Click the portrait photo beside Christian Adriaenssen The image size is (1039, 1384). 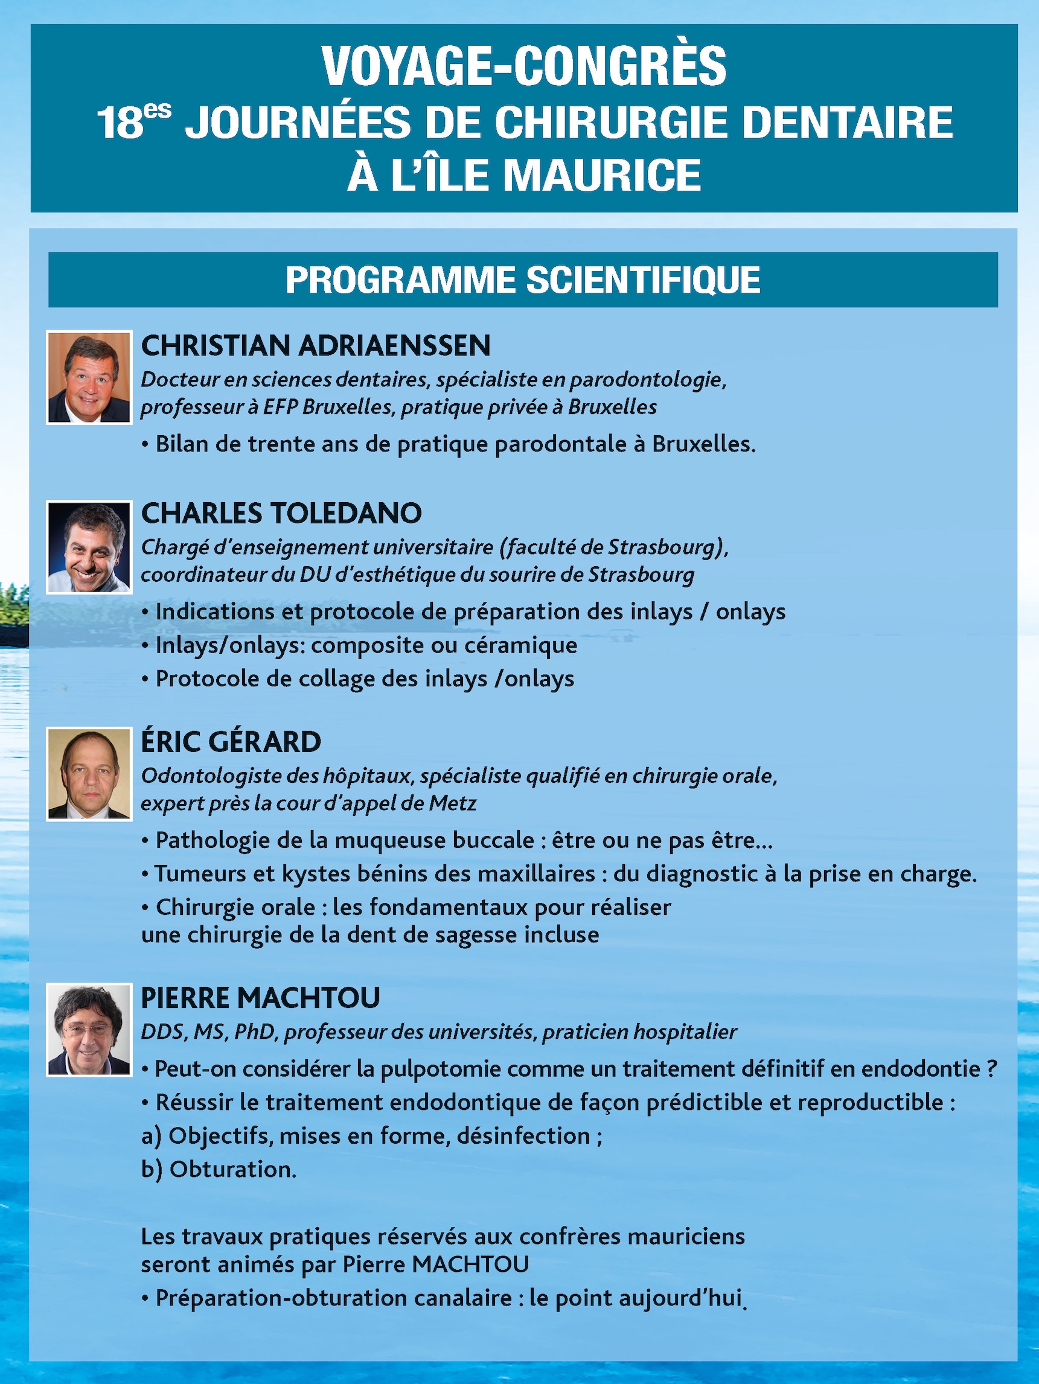pos(89,377)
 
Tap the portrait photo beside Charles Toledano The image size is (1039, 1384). pos(89,547)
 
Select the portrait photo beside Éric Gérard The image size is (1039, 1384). pos(89,773)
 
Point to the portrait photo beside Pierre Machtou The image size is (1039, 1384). pos(89,1030)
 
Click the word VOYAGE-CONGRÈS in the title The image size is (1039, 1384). pos(524,67)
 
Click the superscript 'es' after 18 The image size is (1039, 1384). pos(157,110)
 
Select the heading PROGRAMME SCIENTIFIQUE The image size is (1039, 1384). pos(523,279)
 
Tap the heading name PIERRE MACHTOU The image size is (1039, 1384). pos(260,997)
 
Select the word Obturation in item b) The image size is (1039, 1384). pos(233,1169)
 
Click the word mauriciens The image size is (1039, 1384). pos(686,1237)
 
